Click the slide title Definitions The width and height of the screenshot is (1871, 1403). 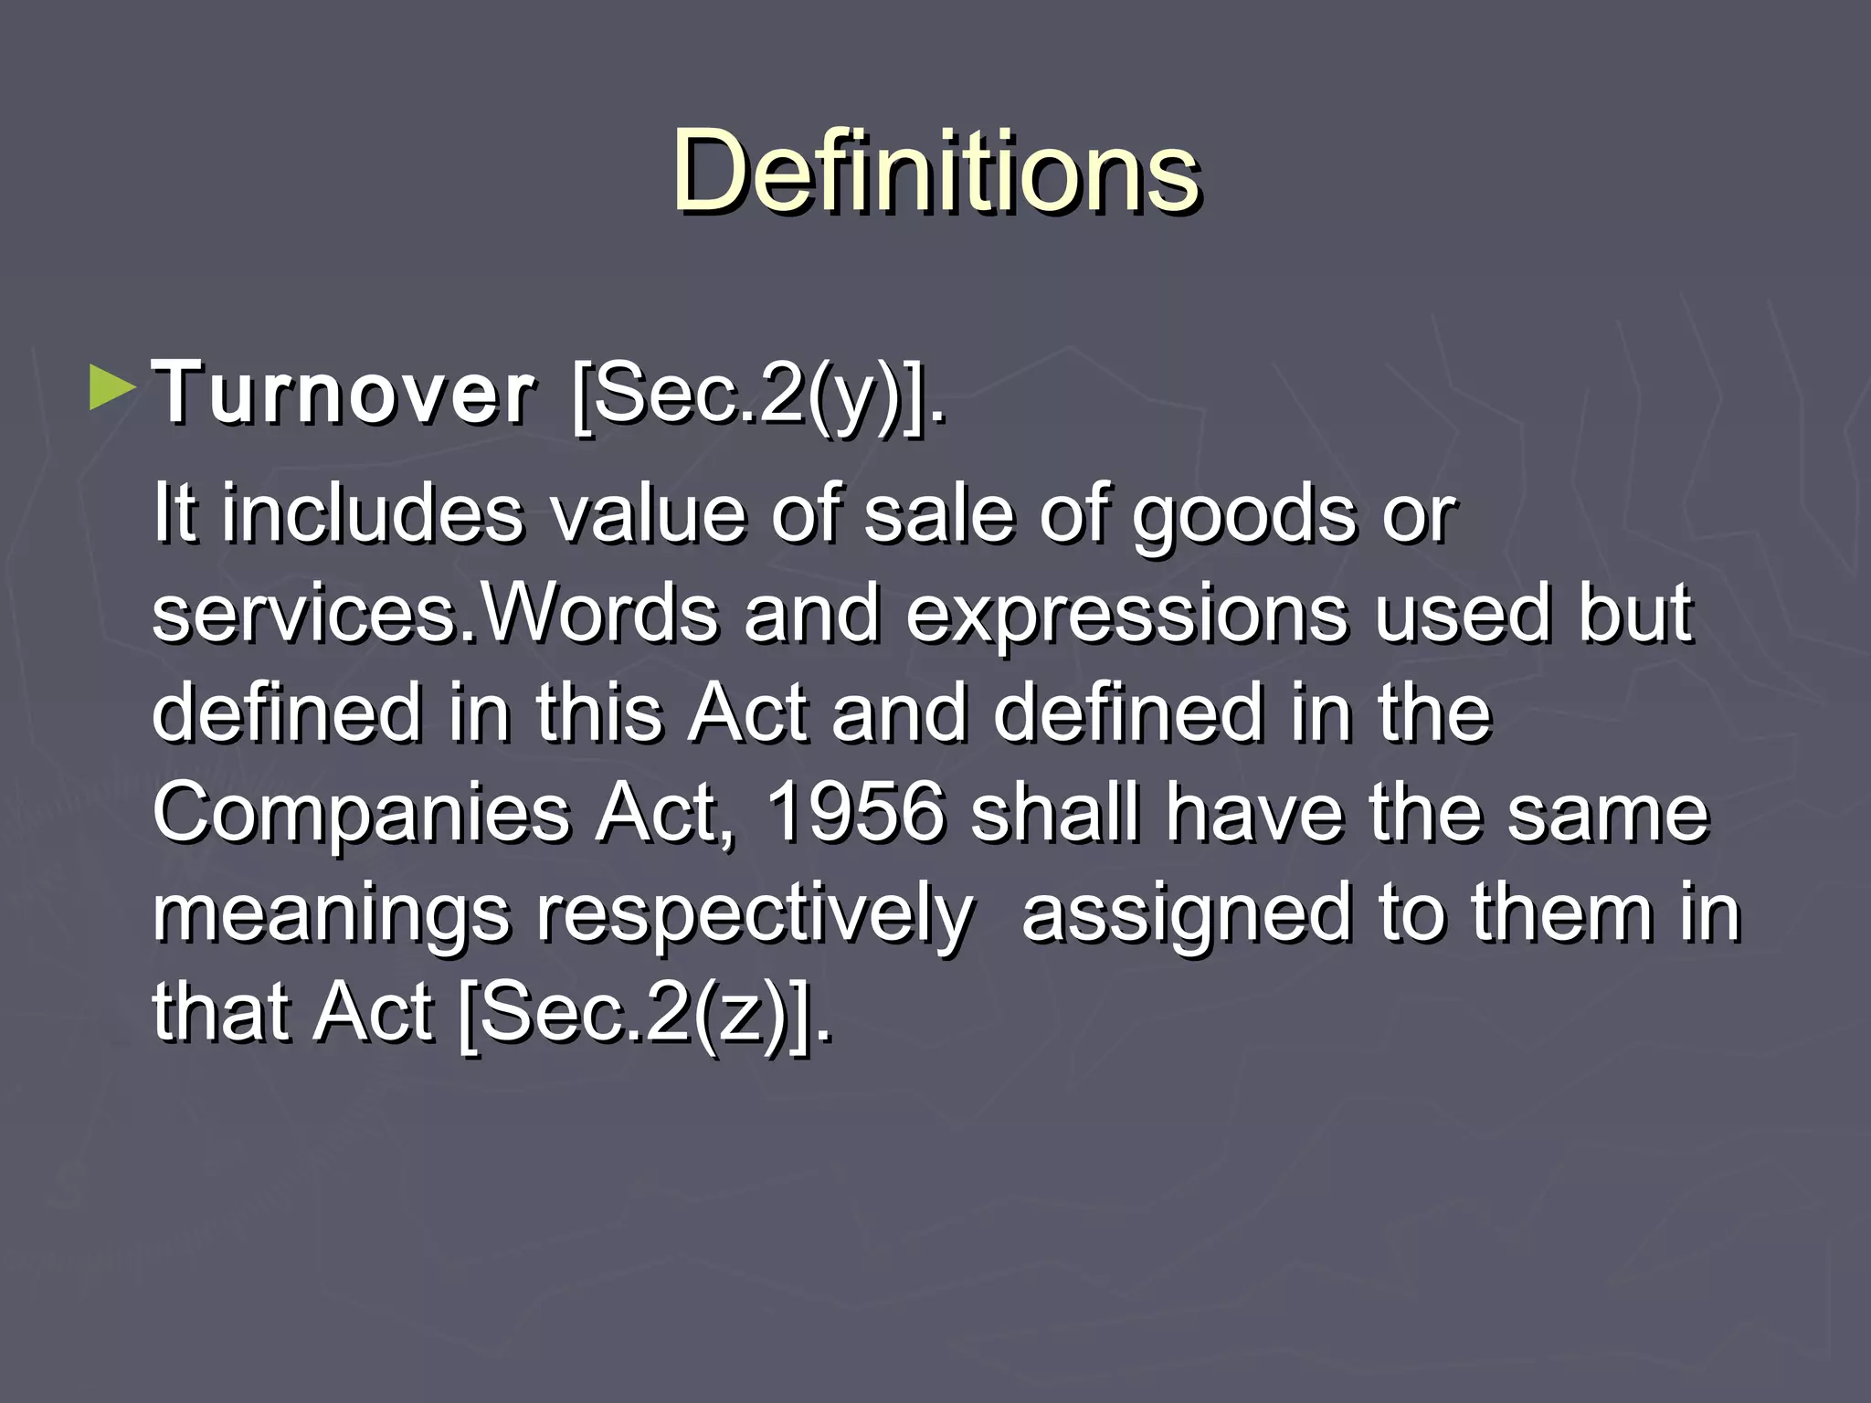point(935,172)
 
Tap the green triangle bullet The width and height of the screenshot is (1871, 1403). point(112,388)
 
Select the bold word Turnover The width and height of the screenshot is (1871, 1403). point(344,394)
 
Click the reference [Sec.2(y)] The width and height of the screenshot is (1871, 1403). point(758,396)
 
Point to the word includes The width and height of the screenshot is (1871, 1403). point(374,512)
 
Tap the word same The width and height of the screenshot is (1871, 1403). point(1608,815)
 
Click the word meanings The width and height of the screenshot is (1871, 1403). point(331,916)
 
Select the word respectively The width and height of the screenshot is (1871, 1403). point(755,916)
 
